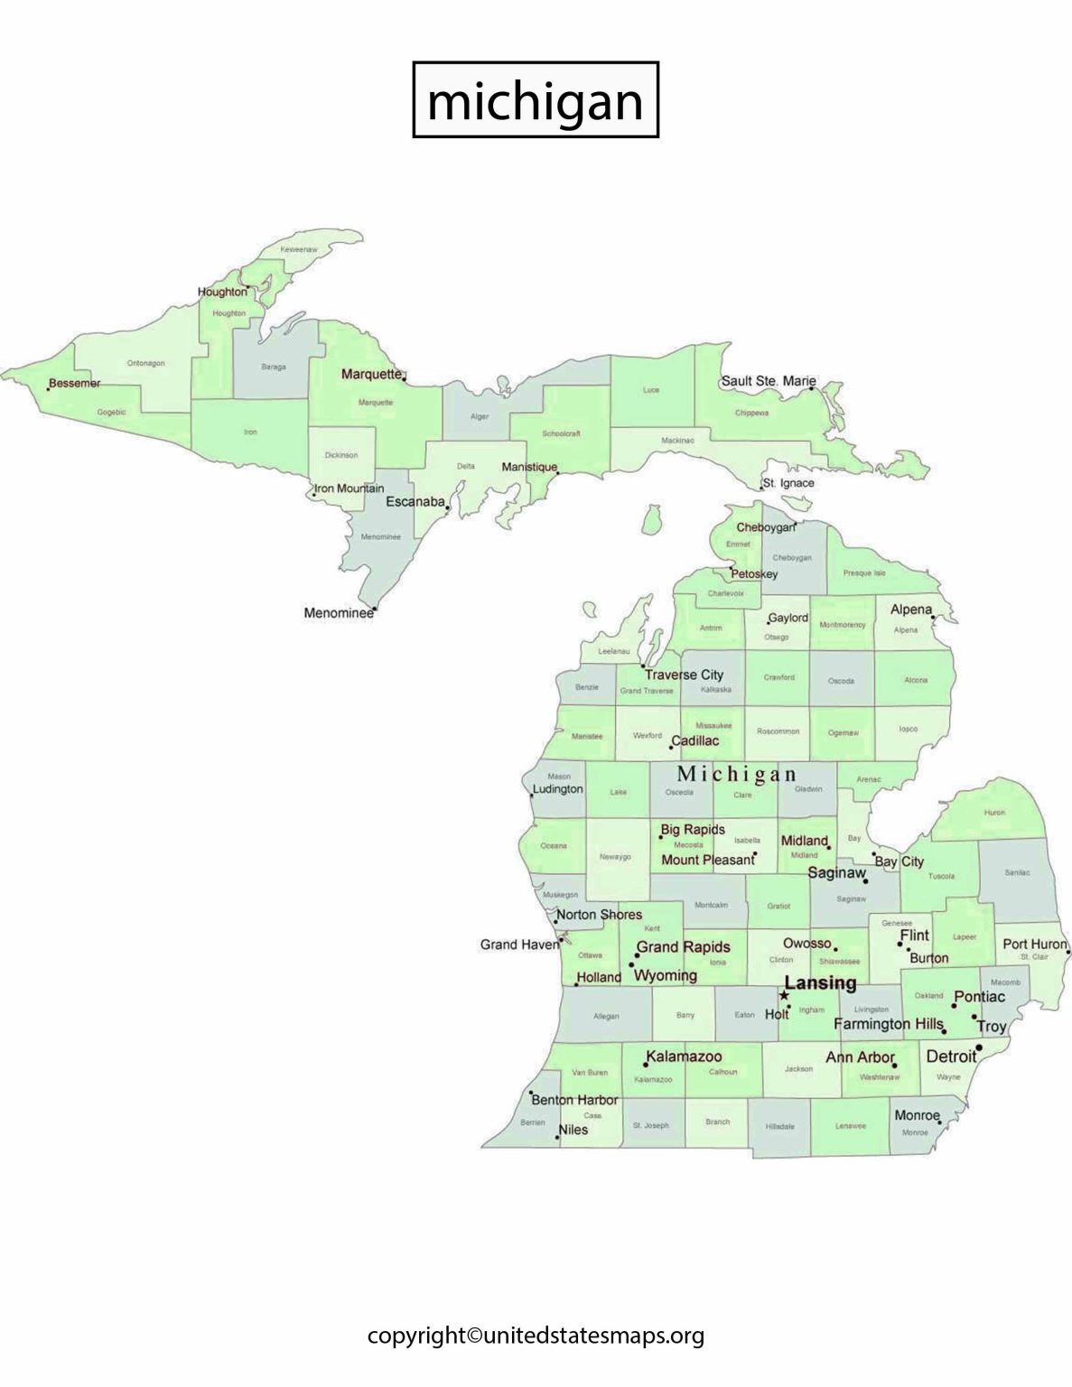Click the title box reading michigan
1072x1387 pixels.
[x=536, y=99]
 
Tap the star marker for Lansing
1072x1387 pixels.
[x=784, y=995]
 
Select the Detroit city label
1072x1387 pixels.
[x=950, y=1056]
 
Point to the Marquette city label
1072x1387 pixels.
[x=370, y=374]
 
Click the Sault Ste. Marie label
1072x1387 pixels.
[x=767, y=381]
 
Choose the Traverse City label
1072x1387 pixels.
[x=684, y=675]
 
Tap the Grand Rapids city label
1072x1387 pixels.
[x=683, y=947]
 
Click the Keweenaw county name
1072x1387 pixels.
[x=300, y=248]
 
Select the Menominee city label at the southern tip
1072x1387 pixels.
[x=338, y=614]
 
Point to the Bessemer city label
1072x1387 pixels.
[x=75, y=383]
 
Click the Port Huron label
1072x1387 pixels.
[x=1034, y=945]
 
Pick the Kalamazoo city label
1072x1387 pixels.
[x=683, y=1056]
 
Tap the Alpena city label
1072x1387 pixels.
[x=910, y=610]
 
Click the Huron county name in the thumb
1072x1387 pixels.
[x=994, y=813]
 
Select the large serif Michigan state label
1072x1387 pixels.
[x=737, y=774]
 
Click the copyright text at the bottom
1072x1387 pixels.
[x=536, y=1336]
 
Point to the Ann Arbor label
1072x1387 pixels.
[x=860, y=1057]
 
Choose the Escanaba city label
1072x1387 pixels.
[x=415, y=501]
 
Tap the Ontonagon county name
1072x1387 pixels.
[x=145, y=363]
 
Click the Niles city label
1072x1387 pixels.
[x=573, y=1130]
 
